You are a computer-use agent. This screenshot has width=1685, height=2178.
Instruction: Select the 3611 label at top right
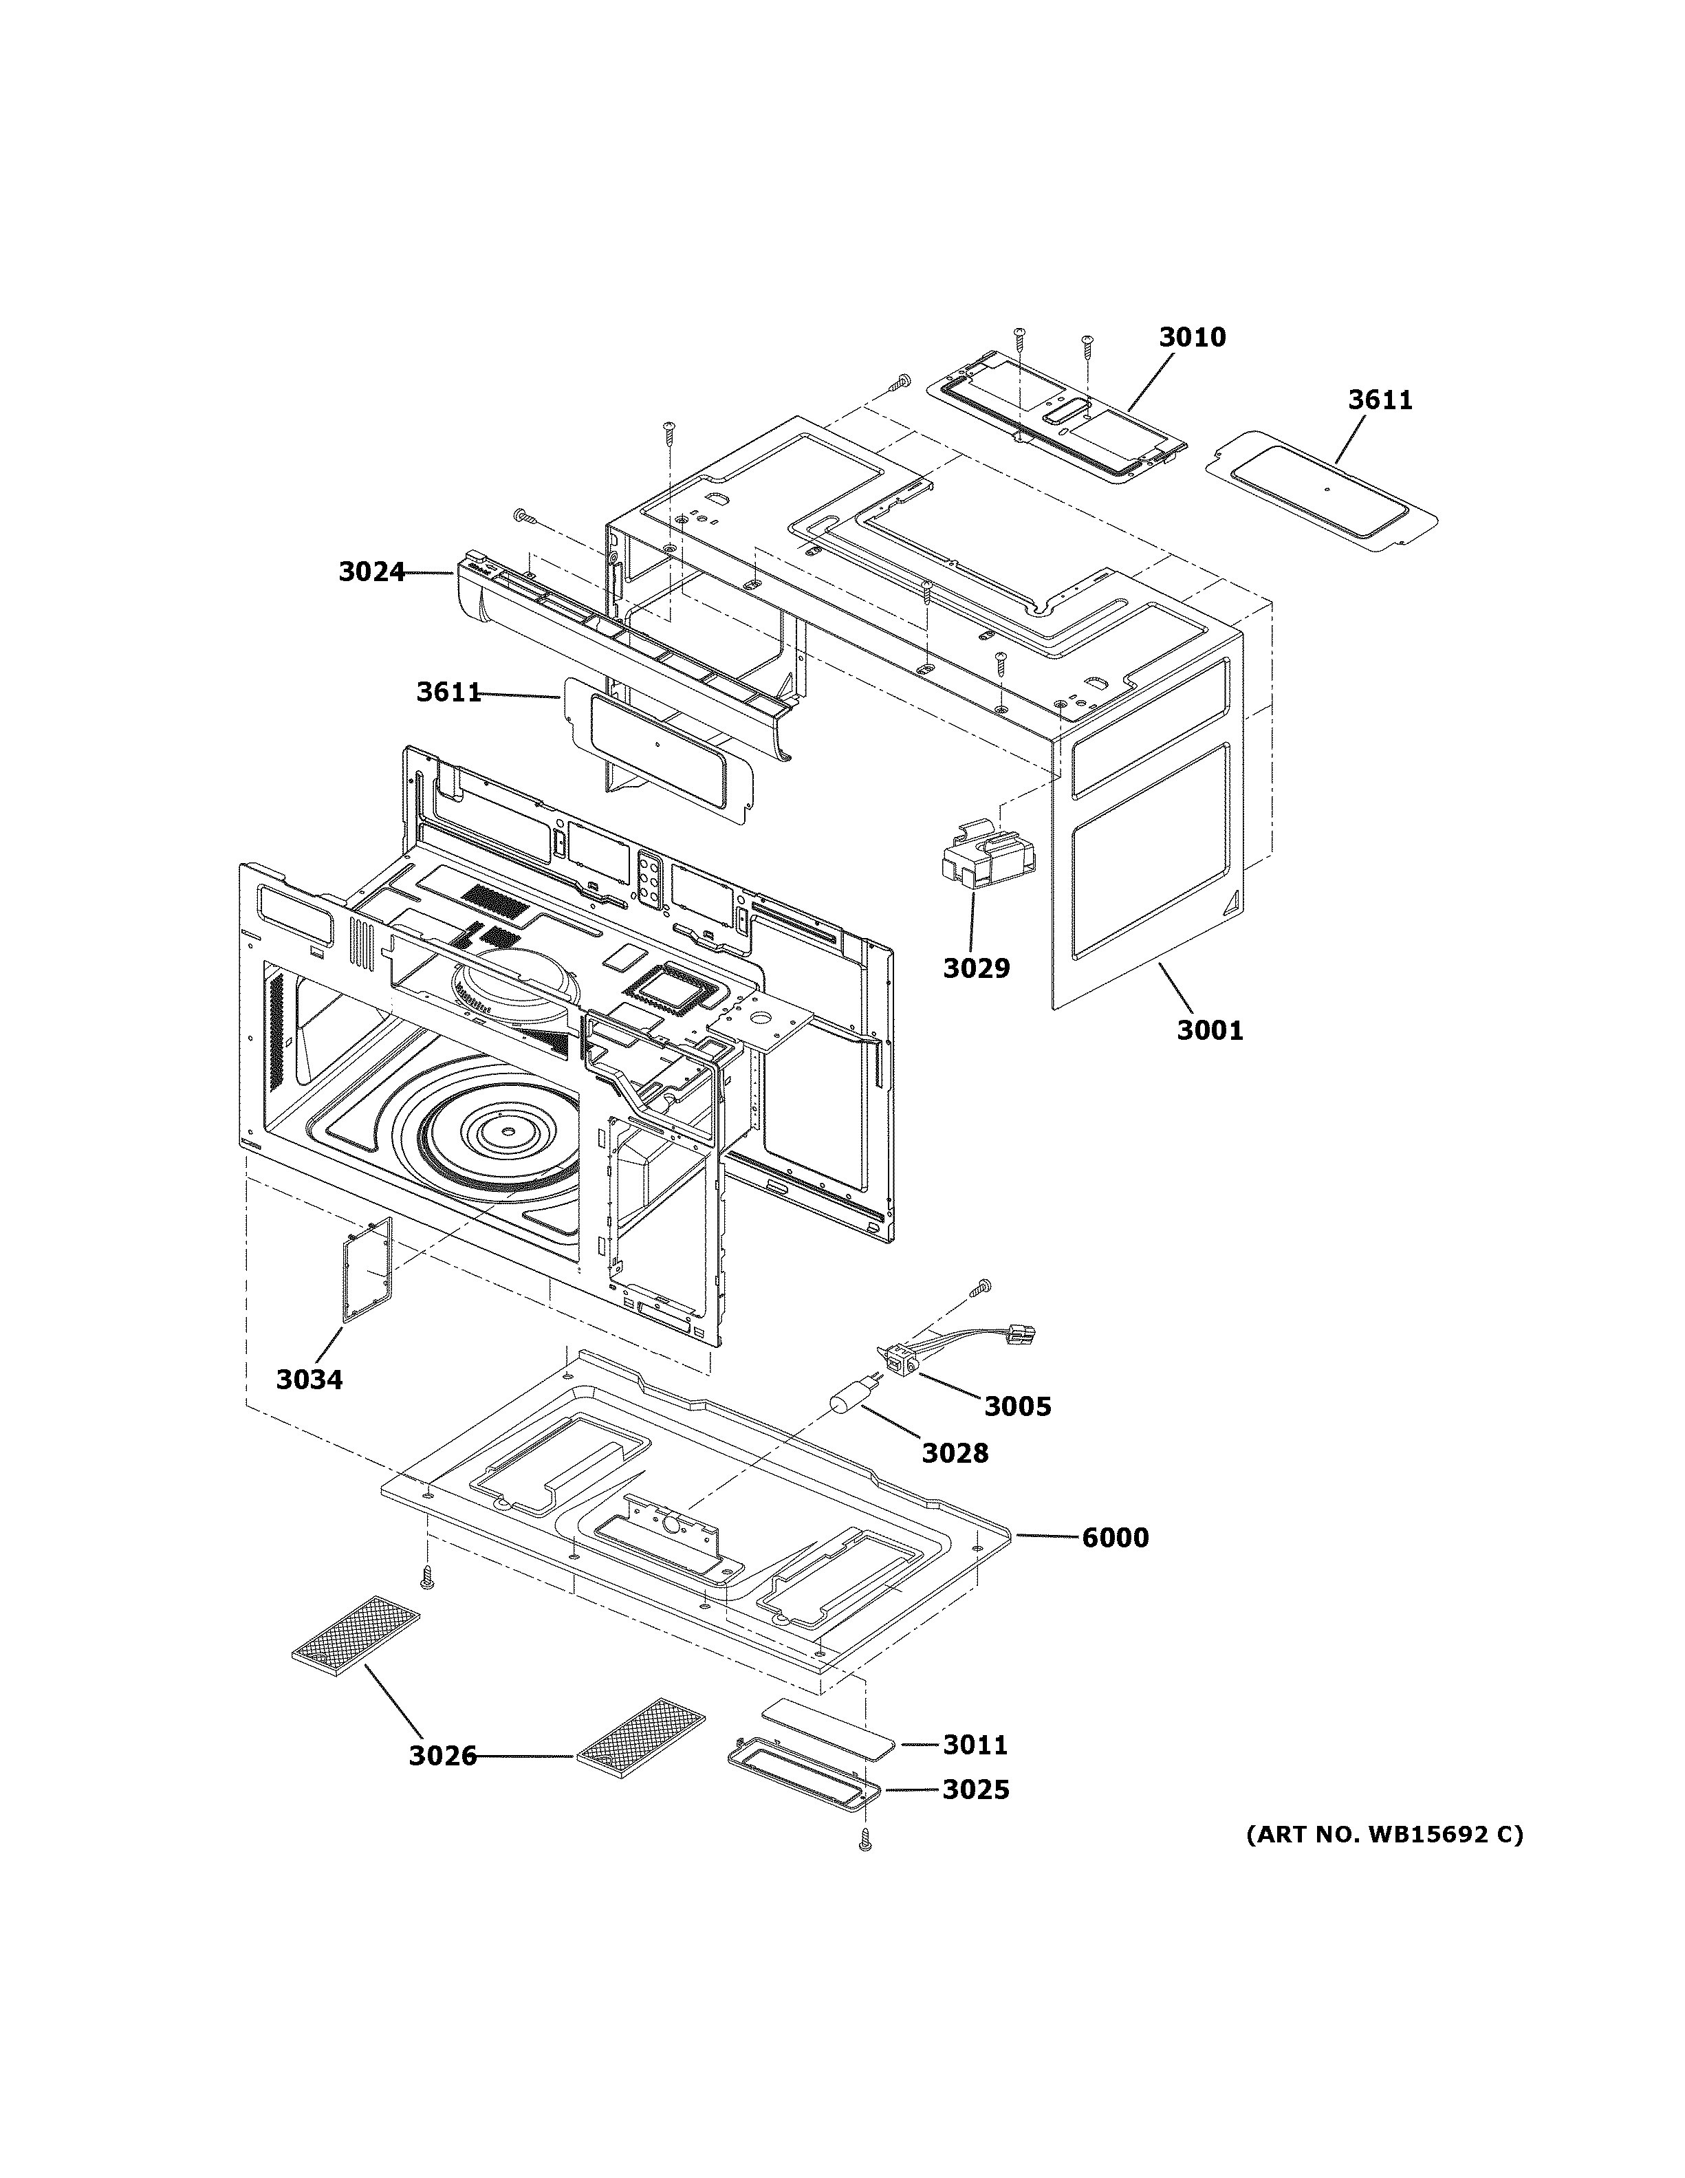click(x=1380, y=400)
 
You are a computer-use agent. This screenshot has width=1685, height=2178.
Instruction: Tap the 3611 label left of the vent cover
click(x=448, y=692)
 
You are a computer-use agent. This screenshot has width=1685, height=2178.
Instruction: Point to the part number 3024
click(x=371, y=571)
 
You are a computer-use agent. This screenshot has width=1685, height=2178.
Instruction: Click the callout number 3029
click(x=976, y=968)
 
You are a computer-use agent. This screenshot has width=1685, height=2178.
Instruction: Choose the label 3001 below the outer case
click(x=1209, y=1030)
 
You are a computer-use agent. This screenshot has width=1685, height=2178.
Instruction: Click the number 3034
click(x=309, y=1379)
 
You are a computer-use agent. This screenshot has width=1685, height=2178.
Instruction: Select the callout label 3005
click(x=1017, y=1406)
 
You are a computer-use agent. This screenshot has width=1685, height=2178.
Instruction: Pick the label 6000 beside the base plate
click(x=1115, y=1538)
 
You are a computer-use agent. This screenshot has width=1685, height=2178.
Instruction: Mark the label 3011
click(x=975, y=1744)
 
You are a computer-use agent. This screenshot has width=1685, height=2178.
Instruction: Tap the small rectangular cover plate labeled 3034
click(x=367, y=1270)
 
